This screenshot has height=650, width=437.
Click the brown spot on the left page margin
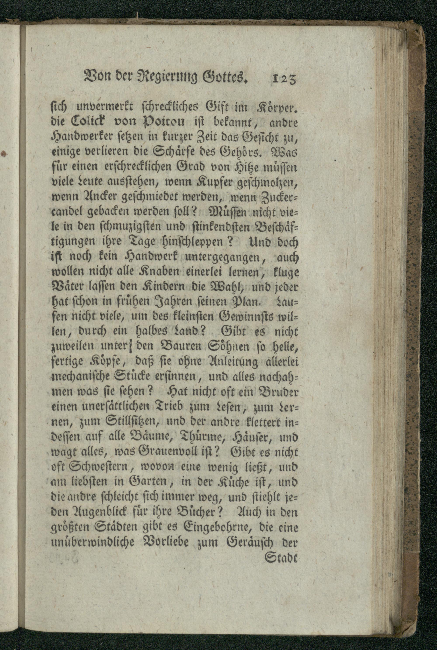[x=3, y=153]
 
